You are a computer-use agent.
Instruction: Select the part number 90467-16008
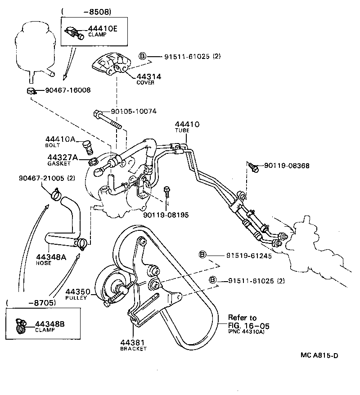pos(67,90)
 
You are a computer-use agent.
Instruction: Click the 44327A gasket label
pos(63,157)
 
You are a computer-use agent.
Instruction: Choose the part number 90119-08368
pos(287,166)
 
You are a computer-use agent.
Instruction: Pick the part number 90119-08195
pos(166,215)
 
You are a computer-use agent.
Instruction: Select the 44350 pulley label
pos(78,292)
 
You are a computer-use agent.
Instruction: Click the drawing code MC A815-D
pos(319,355)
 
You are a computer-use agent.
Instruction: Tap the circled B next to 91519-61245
pos(202,255)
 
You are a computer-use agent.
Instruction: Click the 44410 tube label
pos(187,124)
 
